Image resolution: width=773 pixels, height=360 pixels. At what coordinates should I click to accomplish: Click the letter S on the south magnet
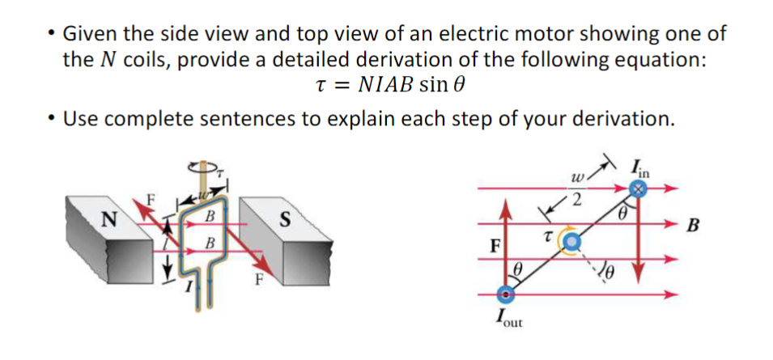tap(284, 218)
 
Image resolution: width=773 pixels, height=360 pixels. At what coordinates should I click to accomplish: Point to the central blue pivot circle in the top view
tap(571, 240)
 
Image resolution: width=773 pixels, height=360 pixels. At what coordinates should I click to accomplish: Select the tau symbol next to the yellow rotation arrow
tap(548, 235)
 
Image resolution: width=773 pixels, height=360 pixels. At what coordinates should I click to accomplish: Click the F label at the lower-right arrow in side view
tap(258, 282)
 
